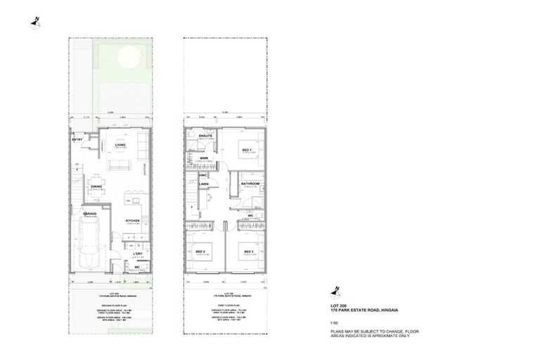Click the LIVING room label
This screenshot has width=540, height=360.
120,144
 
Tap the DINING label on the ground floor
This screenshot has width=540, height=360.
96,186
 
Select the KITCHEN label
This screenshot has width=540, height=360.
132,221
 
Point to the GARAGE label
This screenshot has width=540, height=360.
90,214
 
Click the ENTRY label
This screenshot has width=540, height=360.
77,139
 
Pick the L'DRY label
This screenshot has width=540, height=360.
138,254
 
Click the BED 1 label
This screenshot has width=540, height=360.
247,150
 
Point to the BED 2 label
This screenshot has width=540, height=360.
200,252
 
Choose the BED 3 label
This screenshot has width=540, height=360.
248,252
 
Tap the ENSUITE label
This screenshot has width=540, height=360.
205,134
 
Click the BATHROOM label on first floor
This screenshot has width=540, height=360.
251,184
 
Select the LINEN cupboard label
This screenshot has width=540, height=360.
204,184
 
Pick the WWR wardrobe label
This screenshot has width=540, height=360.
204,158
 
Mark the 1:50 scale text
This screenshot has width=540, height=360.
335,322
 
